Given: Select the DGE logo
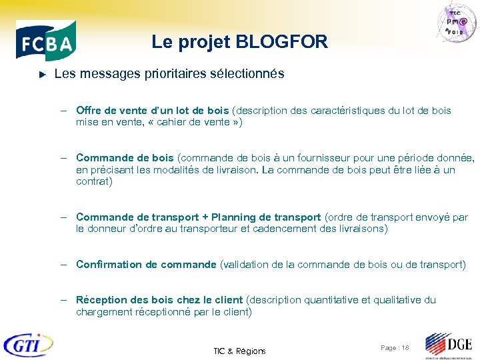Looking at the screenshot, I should pyautogui.click(x=449, y=345).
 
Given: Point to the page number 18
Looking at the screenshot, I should pyautogui.click(x=405, y=348).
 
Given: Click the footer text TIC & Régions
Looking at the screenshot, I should pyautogui.click(x=239, y=351).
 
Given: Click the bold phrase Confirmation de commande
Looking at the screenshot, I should pyautogui.click(x=146, y=265).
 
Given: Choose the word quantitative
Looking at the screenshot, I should pyautogui.click(x=331, y=300).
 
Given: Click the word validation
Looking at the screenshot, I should pyautogui.click(x=244, y=265).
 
